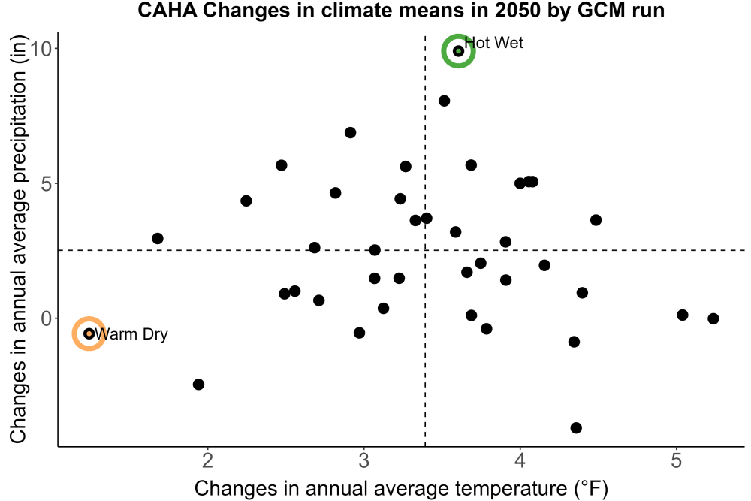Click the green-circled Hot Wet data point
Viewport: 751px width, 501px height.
(458, 51)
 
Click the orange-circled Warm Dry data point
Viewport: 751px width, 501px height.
(89, 333)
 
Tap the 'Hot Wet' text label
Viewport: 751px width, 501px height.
(494, 43)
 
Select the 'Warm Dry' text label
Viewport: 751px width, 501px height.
(131, 333)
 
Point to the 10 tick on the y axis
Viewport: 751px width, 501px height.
(41, 48)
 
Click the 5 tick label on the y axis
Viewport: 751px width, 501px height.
(47, 183)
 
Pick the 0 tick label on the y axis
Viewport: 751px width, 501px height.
(47, 318)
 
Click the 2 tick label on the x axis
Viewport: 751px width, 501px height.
(207, 460)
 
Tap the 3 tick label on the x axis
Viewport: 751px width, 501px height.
(363, 460)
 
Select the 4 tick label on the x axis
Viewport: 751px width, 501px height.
(520, 460)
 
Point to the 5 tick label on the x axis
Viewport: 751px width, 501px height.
(676, 460)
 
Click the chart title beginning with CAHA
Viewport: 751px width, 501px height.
(401, 10)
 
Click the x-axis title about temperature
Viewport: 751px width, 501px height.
(401, 488)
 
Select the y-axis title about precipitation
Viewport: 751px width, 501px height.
(18, 240)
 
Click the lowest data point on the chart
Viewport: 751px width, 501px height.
(576, 427)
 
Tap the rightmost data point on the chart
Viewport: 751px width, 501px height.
(713, 318)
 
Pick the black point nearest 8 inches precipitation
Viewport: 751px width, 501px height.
(444, 101)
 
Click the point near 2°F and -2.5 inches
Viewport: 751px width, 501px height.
(198, 384)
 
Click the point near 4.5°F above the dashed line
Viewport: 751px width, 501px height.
(596, 220)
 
